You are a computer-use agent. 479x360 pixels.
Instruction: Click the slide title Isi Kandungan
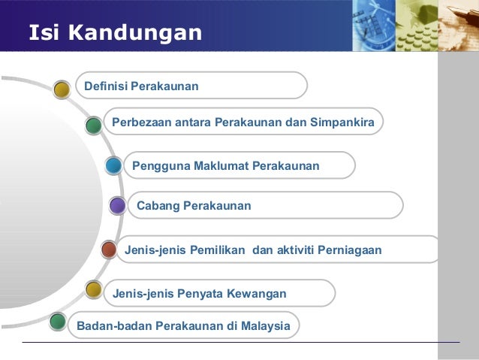(115, 33)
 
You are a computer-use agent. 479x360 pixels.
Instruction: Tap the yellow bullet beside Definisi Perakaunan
(63, 89)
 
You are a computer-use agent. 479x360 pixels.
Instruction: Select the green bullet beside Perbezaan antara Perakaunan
(93, 126)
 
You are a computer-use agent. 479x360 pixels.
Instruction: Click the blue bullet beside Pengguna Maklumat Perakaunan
(113, 166)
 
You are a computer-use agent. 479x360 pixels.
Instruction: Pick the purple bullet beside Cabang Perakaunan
(117, 205)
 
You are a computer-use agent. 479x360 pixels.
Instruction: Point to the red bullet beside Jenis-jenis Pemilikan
(109, 250)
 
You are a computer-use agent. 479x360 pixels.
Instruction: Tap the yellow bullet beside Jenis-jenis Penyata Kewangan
(93, 289)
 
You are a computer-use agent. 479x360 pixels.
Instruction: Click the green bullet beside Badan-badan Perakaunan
(57, 322)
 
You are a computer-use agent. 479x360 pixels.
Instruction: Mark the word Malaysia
(264, 326)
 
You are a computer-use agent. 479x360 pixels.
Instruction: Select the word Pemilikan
(218, 250)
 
